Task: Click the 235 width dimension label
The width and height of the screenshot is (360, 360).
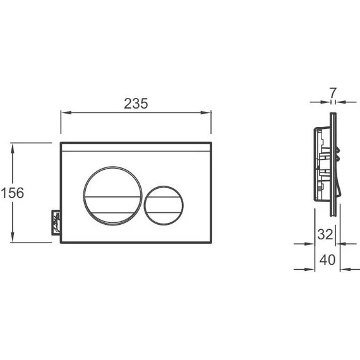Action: (x=136, y=104)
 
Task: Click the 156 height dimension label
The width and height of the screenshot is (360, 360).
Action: (x=13, y=193)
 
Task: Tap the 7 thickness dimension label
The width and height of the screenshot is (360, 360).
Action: (x=333, y=93)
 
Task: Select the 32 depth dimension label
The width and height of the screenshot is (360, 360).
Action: (x=325, y=234)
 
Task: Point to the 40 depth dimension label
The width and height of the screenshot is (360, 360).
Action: (x=328, y=260)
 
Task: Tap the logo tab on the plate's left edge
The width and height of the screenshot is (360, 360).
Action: (x=56, y=222)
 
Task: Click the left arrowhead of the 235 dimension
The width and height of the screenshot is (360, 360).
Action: (x=66, y=112)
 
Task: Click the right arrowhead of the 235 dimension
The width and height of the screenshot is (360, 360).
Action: (x=206, y=112)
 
